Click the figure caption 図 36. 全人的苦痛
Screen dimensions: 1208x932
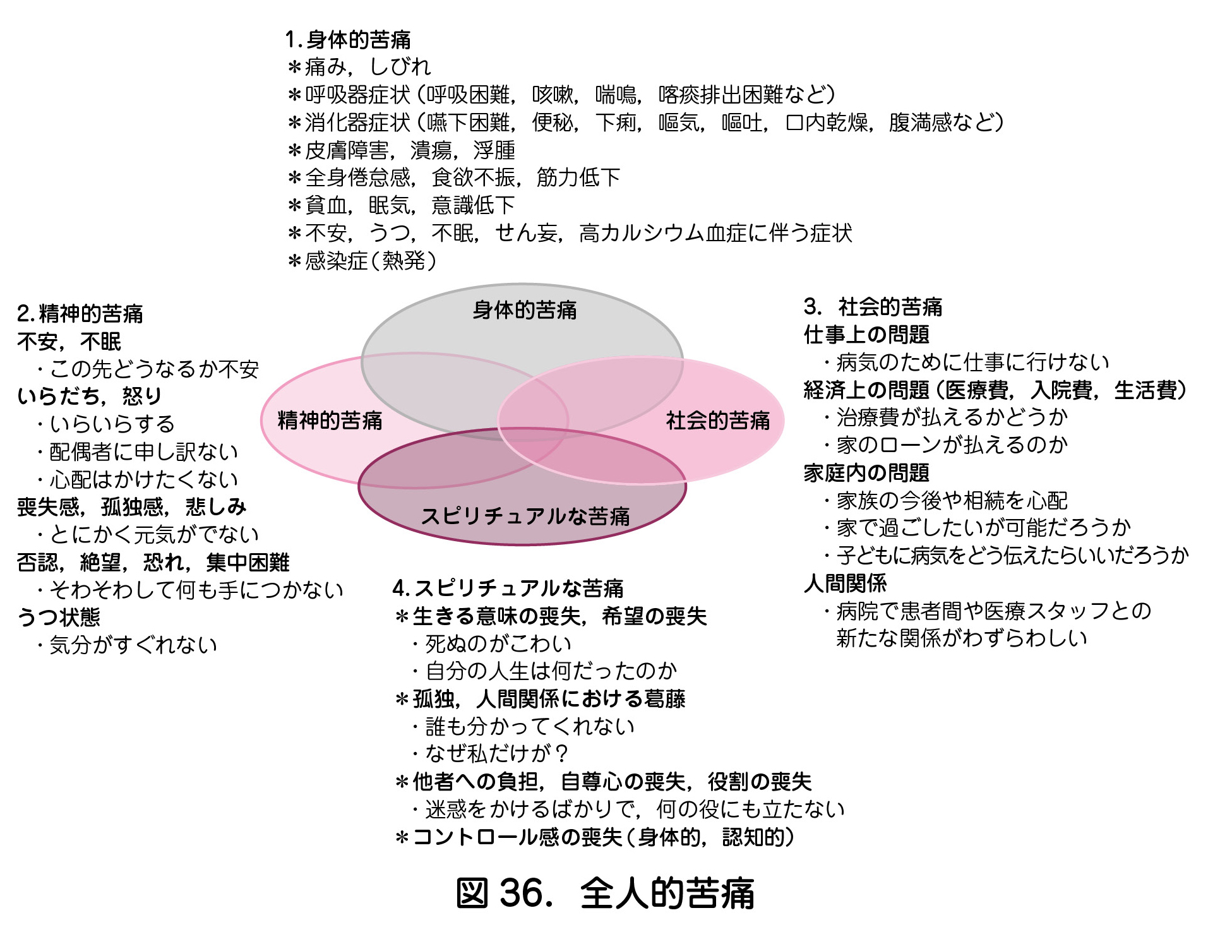[605, 893]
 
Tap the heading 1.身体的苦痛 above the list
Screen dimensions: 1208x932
[348, 40]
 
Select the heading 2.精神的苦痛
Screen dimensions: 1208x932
[80, 313]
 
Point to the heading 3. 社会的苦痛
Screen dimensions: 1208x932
[873, 307]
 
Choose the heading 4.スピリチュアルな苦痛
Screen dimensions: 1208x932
[508, 588]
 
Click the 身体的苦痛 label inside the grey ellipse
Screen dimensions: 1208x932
[524, 309]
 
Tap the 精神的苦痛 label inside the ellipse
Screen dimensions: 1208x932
[330, 420]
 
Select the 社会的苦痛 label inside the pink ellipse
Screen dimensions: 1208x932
[718, 420]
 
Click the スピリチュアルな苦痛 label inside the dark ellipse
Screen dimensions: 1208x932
[525, 516]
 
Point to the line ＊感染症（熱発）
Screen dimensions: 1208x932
[362, 260]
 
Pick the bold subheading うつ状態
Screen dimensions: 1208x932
[59, 616]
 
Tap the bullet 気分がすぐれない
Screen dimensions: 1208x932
[127, 644]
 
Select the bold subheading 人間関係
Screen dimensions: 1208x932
[846, 582]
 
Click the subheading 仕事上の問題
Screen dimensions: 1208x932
[866, 334]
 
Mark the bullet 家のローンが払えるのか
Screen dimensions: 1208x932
[945, 445]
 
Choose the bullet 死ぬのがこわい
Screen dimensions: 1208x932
[491, 643]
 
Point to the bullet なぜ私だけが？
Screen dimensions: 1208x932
[491, 753]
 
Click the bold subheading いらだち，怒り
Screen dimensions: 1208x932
[90, 396]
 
